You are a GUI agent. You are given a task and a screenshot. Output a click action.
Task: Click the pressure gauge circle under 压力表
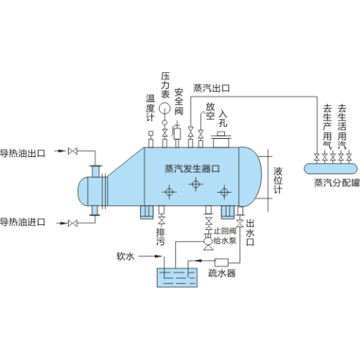pyautogui.click(x=165, y=108)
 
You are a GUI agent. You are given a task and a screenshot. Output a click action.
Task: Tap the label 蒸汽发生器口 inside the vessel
pyautogui.click(x=192, y=169)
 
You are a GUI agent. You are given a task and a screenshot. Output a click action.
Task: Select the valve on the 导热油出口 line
pyautogui.click(x=72, y=151)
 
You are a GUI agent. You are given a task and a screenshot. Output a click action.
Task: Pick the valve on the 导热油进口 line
pyautogui.click(x=72, y=223)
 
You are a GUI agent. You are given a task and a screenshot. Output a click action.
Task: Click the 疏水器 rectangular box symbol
pyautogui.click(x=221, y=263)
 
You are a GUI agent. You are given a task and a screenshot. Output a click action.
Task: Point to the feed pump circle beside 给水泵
pyautogui.click(x=208, y=241)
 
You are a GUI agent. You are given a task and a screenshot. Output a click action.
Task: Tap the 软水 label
pyautogui.click(x=126, y=256)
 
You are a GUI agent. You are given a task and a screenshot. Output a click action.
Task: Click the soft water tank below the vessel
pyautogui.click(x=177, y=277)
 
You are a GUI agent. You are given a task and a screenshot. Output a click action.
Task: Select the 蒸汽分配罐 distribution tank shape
pyautogui.click(x=331, y=169)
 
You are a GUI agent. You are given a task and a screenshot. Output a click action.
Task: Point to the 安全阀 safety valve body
pyautogui.click(x=177, y=134)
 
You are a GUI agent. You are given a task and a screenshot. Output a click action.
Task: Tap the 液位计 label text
pyautogui.click(x=278, y=180)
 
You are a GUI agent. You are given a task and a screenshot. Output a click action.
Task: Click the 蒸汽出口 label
pyautogui.click(x=212, y=88)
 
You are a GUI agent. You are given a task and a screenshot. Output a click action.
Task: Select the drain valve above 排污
pyautogui.click(x=161, y=221)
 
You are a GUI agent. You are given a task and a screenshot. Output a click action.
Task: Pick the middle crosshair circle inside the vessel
pyautogui.click(x=196, y=184)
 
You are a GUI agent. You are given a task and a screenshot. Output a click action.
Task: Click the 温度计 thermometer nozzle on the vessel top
pyautogui.click(x=150, y=139)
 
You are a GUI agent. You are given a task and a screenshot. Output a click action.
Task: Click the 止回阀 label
pyautogui.click(x=225, y=231)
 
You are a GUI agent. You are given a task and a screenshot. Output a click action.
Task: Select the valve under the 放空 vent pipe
pyautogui.click(x=201, y=134)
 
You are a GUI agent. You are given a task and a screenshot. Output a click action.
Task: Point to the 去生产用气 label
pyautogui.click(x=327, y=126)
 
